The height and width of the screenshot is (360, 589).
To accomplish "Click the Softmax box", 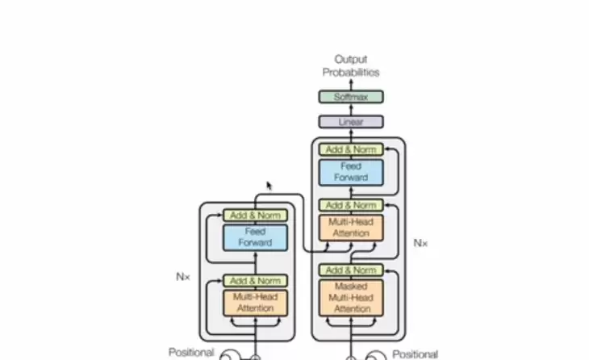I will (x=351, y=97).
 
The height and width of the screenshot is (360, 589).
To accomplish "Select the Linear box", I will (x=351, y=122).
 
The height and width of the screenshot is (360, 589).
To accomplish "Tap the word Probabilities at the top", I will (x=351, y=73).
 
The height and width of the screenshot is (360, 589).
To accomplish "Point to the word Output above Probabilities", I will (x=351, y=60).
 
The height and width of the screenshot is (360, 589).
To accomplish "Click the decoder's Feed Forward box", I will (x=351, y=172).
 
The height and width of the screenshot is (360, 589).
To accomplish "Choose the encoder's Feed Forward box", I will (x=256, y=237).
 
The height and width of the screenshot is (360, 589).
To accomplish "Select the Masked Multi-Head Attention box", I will (x=351, y=297).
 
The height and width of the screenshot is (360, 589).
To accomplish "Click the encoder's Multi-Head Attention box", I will (x=256, y=303).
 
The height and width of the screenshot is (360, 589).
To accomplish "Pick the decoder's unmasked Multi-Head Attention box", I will (x=351, y=227).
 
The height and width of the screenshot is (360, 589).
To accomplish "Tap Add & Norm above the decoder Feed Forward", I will (x=351, y=149).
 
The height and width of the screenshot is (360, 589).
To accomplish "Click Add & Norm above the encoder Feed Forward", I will (x=256, y=216).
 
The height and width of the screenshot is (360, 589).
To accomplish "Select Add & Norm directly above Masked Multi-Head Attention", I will (x=351, y=270).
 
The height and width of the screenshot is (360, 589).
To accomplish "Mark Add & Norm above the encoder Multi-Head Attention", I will (x=256, y=281).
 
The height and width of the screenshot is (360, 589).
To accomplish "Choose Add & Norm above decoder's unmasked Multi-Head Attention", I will (x=351, y=205).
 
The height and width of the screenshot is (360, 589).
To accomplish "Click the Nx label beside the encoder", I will (x=183, y=276).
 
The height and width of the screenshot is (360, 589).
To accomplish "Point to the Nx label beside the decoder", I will (x=420, y=242).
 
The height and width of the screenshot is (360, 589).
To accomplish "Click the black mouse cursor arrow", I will (x=269, y=186).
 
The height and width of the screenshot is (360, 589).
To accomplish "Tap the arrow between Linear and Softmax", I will (x=351, y=110).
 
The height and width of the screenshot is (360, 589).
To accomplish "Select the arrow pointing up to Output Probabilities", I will (x=351, y=84).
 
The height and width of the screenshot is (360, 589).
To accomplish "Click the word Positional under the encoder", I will (x=191, y=352).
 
